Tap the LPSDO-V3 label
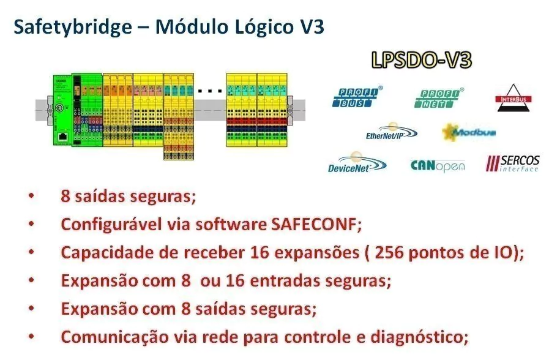(x=422, y=60)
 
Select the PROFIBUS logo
(x=357, y=97)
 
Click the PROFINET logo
(x=439, y=98)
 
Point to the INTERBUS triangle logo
(x=514, y=98)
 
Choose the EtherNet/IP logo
(x=392, y=132)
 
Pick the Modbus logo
(x=468, y=132)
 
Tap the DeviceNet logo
(x=357, y=163)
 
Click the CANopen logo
(x=438, y=166)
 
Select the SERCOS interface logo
(x=513, y=163)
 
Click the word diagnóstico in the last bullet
(x=419, y=337)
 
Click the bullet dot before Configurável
(x=31, y=223)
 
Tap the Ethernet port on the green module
(x=63, y=137)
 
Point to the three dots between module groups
(x=210, y=91)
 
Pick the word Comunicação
(x=114, y=337)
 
